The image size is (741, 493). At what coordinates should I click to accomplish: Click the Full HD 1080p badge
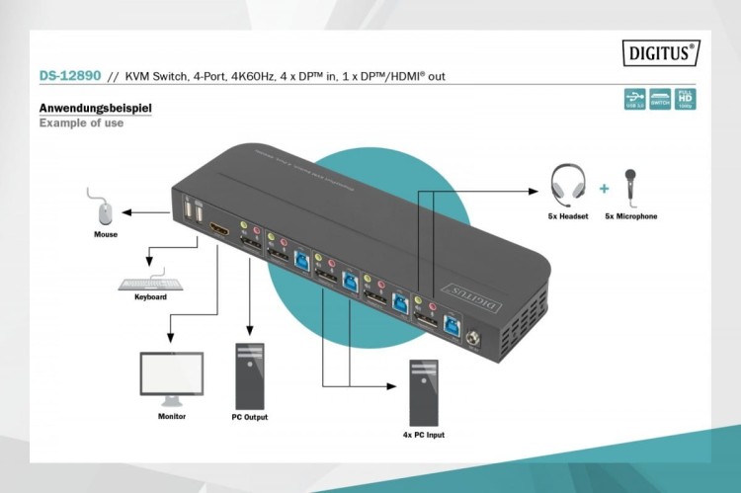tap(686, 99)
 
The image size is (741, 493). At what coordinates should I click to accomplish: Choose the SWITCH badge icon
tap(661, 99)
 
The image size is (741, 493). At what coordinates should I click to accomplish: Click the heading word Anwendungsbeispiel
tap(94, 108)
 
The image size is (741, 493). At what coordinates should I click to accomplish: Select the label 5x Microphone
tap(630, 215)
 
